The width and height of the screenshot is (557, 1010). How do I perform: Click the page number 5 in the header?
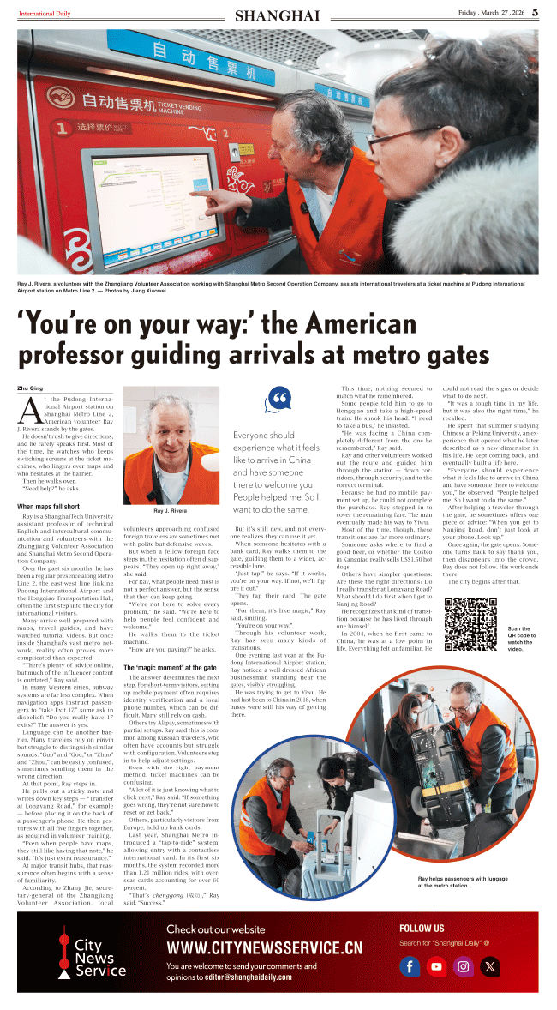534,13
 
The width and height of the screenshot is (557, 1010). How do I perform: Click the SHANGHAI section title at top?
277,15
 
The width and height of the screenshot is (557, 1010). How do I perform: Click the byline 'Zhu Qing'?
29,388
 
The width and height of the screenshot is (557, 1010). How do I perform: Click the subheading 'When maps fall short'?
49,507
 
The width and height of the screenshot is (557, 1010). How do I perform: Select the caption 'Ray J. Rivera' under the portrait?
171,510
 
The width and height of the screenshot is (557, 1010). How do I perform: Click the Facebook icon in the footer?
411,966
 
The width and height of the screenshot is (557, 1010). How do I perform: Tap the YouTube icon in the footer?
437,966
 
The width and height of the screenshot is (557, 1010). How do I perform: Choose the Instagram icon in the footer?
464,966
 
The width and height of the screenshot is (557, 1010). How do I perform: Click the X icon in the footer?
489,966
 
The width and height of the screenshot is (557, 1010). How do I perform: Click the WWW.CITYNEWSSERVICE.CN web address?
264,947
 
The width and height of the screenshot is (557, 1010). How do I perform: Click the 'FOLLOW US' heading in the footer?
422,928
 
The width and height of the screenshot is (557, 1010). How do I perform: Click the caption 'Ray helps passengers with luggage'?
463,880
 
